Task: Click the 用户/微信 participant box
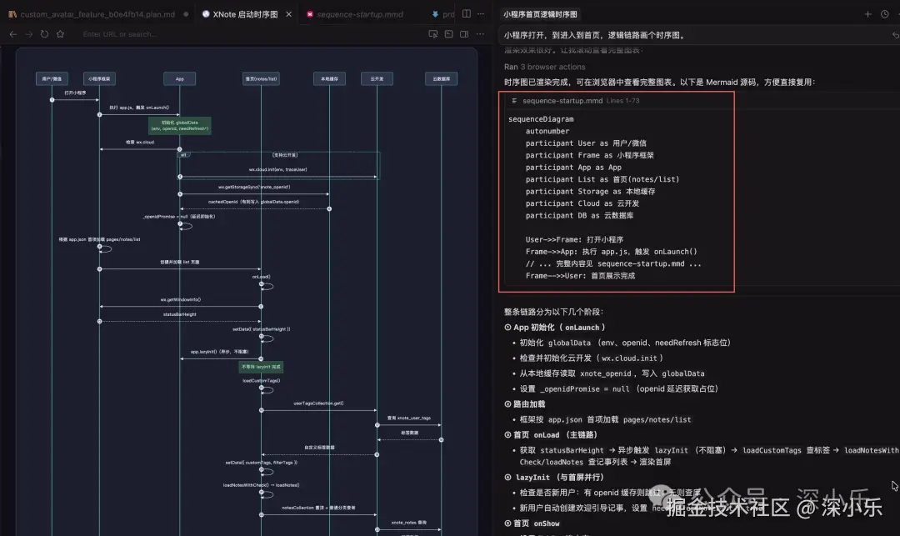click(x=52, y=78)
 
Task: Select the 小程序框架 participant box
click(x=99, y=78)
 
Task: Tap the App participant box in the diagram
click(x=179, y=78)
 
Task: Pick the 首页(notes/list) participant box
click(x=261, y=78)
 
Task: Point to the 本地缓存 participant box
click(x=329, y=78)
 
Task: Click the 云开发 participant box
click(x=377, y=78)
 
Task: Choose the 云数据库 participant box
click(x=441, y=78)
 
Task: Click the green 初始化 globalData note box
click(x=179, y=126)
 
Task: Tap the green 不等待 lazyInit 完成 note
click(x=261, y=366)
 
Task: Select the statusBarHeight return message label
click(x=179, y=314)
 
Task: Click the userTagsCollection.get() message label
click(x=318, y=403)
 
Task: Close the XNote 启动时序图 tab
click(x=288, y=14)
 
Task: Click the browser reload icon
click(x=44, y=34)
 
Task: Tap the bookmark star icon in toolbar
click(x=60, y=34)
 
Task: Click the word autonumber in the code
click(x=547, y=131)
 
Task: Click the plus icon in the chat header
click(x=867, y=14)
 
